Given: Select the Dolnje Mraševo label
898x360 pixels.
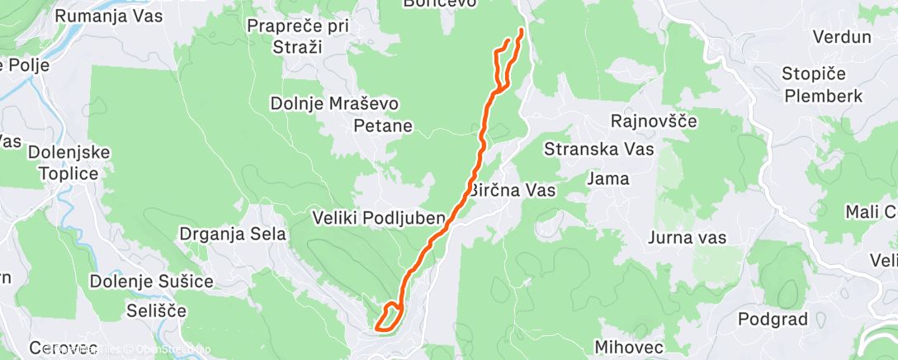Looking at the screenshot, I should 335,105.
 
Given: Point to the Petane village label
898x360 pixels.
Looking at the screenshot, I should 383,126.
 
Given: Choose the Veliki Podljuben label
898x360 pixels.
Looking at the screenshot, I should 379,219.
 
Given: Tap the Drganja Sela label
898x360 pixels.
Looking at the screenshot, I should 233,234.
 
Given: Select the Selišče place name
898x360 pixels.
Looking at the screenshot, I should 157,311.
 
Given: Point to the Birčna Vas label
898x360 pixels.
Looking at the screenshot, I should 513,190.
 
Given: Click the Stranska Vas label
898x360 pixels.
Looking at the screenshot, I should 599,149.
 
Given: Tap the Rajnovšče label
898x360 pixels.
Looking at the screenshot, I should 654,122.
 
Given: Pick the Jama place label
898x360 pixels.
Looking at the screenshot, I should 608,178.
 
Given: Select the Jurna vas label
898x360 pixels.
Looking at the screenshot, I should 687,239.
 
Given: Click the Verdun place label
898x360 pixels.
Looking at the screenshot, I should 842,37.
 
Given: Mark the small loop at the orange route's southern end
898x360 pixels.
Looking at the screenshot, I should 390,317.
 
